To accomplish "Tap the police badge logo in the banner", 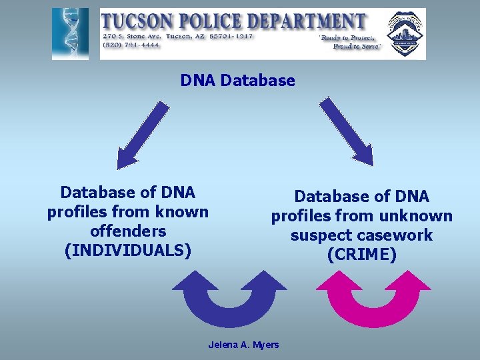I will tap(405, 33).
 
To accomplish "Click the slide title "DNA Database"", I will tap(237, 81).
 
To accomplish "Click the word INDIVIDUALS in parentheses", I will tap(128, 251).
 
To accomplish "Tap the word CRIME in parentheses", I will tap(362, 255).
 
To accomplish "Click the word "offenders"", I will tap(127, 231).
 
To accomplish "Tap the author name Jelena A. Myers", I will tap(244, 345).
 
